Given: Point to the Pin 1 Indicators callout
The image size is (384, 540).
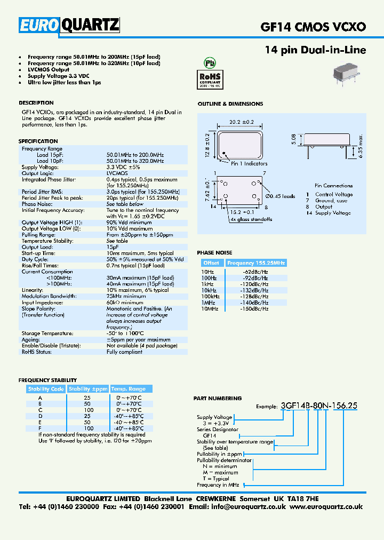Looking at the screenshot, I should click(249, 164).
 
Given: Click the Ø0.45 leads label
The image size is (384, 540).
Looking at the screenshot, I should click(280, 196).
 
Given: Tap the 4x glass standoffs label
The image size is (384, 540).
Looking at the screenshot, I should click(251, 219).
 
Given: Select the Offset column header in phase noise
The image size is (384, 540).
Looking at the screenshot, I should click(211, 263).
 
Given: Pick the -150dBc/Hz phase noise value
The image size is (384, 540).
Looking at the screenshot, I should click(255, 309).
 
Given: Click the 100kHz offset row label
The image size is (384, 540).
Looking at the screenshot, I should click(210, 296).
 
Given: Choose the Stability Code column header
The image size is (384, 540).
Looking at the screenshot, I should click(46, 389).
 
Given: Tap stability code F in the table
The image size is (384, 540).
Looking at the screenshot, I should click(39, 428).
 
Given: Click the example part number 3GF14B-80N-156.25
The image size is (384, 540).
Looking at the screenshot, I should click(319, 406).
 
